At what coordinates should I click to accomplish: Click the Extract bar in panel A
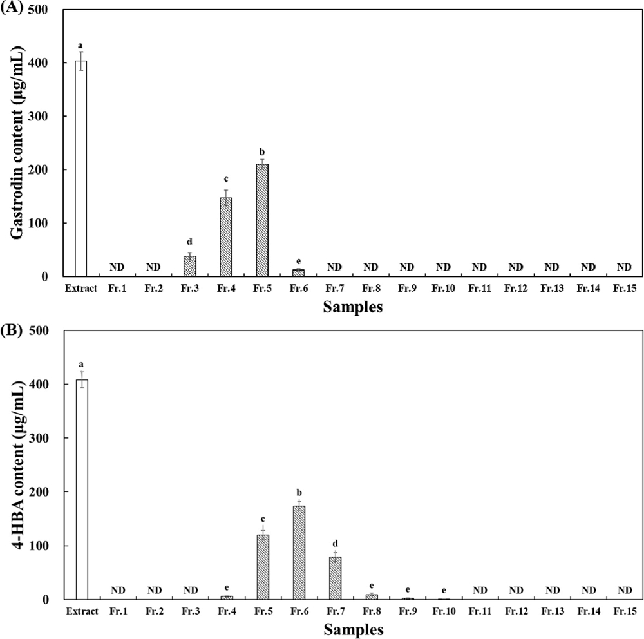80,168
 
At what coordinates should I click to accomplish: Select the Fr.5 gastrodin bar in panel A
261,220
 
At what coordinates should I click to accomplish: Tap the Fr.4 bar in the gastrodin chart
225,237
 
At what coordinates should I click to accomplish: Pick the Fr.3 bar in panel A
189,266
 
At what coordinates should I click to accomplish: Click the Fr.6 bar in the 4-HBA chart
299,552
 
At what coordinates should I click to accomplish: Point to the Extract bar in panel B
82,489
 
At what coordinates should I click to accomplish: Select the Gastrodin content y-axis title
17,143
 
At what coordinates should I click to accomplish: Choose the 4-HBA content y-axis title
17,465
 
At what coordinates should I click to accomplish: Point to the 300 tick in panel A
45,117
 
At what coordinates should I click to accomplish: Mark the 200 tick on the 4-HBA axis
45,492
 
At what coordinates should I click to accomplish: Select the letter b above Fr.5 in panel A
261,151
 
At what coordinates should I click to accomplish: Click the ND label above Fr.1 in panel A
117,267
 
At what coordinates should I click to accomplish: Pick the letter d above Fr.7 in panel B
335,543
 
